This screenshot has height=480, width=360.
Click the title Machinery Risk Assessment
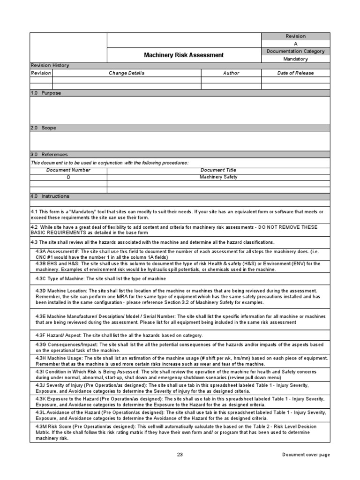click(x=184, y=55)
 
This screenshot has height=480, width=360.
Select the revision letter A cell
click(x=295, y=44)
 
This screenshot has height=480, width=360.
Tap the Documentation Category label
click(x=295, y=51)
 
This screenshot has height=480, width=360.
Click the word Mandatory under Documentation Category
click(x=295, y=59)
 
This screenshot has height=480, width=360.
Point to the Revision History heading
click(x=49, y=66)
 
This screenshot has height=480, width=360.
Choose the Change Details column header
click(x=127, y=73)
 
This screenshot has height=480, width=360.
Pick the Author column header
click(x=231, y=73)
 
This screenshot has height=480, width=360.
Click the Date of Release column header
click(x=295, y=73)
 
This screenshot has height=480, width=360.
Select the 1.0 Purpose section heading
click(x=45, y=93)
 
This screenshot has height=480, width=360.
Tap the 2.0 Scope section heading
click(x=43, y=127)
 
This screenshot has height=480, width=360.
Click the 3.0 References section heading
click(x=49, y=154)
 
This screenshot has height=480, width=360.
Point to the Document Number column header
click(x=68, y=170)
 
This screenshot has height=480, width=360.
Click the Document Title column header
click(x=218, y=170)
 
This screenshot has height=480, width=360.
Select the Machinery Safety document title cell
click(x=218, y=177)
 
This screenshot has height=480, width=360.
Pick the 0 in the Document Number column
click(x=68, y=177)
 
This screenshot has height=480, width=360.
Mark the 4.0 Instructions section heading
click(x=49, y=196)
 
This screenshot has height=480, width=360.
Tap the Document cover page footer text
click(x=306, y=455)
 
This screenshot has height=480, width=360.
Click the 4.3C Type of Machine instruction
click(x=101, y=278)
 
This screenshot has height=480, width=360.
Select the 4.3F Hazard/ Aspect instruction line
click(x=119, y=336)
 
